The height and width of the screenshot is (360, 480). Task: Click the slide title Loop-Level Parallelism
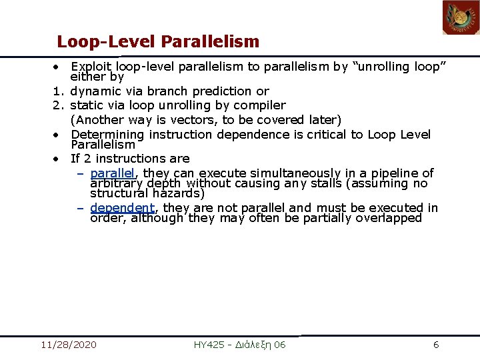(157, 42)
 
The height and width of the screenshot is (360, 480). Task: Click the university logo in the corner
(461, 18)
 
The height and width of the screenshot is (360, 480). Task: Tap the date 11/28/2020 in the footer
(68, 345)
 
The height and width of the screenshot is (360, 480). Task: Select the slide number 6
(436, 345)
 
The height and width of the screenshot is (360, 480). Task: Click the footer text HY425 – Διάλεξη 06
(239, 345)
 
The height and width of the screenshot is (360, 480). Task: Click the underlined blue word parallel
(112, 173)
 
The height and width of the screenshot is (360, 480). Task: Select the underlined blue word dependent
(122, 208)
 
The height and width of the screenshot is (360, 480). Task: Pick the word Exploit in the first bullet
(91, 67)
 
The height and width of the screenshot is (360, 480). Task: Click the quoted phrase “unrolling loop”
(398, 67)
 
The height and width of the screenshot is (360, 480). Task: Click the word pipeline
(390, 173)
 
